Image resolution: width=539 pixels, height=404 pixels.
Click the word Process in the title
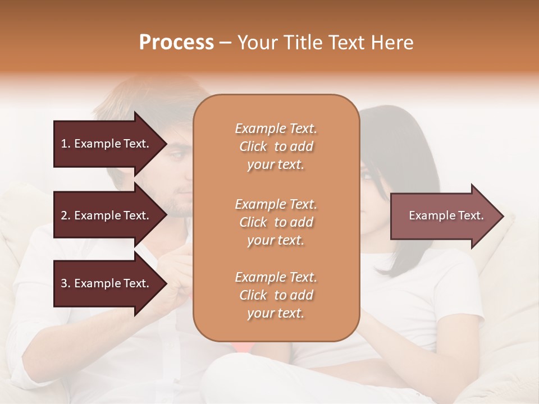point(176,43)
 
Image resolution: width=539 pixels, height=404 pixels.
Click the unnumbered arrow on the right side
point(446,216)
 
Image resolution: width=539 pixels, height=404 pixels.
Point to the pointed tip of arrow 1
point(166,144)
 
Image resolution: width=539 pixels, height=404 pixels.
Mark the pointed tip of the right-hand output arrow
point(503,216)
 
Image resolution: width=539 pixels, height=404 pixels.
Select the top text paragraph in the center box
point(276,146)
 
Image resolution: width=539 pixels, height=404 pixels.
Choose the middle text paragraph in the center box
point(276,222)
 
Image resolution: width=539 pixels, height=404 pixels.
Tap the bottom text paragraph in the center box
point(276,295)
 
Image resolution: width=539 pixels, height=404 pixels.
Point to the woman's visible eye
point(368,177)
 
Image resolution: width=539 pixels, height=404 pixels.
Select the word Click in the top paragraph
point(253,146)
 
